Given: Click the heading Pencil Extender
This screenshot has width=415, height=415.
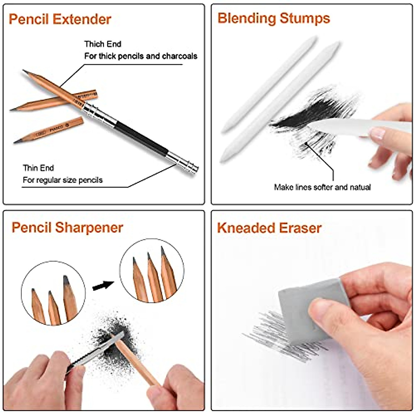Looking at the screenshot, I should [60, 19].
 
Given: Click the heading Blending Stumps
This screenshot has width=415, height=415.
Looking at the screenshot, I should [274, 18].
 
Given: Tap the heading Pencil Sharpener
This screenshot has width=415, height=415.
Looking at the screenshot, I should [67, 228].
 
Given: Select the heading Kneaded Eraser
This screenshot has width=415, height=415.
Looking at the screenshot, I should [269, 228].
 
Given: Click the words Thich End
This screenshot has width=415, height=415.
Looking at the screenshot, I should [103, 44].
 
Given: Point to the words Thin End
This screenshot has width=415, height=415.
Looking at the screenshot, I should [38, 168].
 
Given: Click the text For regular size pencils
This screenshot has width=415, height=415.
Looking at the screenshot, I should [63, 180].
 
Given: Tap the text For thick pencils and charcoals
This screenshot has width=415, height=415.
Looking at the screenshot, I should [141, 56].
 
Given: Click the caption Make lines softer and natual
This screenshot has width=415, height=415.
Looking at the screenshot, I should [322, 187].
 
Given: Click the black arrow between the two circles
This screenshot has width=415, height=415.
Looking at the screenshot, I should [103, 286].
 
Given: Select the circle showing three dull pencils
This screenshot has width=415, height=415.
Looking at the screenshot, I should [53, 298].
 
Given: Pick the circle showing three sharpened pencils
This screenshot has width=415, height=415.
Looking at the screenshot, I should [152, 271].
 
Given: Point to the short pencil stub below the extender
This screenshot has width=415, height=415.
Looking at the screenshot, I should [48, 130].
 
